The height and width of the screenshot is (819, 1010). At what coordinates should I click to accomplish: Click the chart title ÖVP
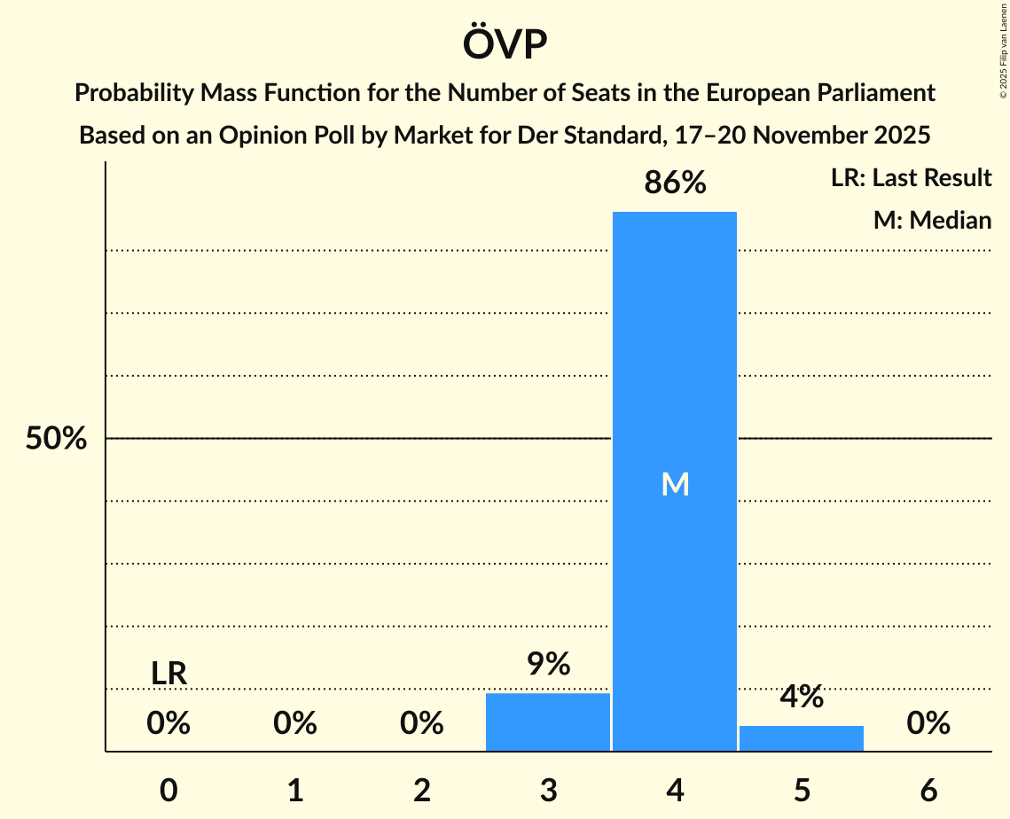pos(505,44)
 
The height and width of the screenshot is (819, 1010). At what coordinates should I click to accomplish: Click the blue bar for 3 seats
pos(548,721)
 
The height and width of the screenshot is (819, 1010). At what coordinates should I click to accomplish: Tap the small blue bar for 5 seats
pos(802,737)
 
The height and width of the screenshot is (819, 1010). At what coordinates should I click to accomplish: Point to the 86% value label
pos(675,183)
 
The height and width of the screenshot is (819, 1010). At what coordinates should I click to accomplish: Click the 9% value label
pos(548,665)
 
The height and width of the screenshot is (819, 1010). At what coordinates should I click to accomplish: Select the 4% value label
pos(802,698)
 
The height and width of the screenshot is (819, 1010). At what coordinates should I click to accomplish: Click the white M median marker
pos(675,484)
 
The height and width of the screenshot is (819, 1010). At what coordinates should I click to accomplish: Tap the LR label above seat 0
pos(168,675)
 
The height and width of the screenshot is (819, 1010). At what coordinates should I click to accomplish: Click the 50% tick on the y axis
pos(56,439)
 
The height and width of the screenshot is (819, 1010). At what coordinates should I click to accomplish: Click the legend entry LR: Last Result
pos(911,178)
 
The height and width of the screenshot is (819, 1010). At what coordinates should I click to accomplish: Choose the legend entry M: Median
pos(932,220)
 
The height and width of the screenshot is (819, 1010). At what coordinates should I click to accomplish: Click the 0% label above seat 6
pos(928,724)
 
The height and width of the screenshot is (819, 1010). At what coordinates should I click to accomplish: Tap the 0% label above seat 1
pos(295,724)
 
